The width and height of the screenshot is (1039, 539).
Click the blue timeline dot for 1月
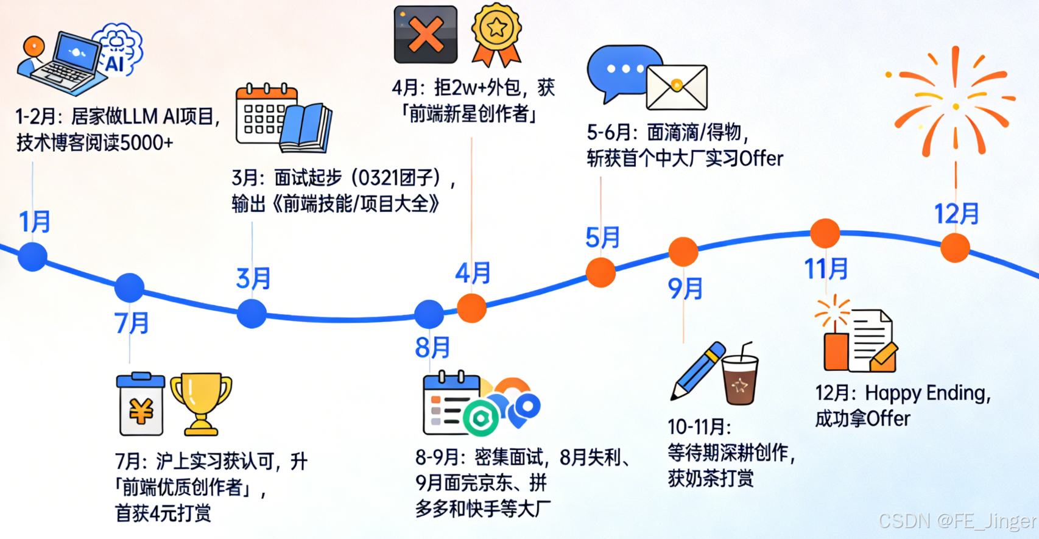pyautogui.click(x=33, y=256)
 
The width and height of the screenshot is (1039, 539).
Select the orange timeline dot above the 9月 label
pyautogui.click(x=683, y=252)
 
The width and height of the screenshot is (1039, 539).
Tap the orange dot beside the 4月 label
pyautogui.click(x=471, y=308)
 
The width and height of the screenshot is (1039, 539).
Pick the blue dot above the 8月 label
pyautogui.click(x=429, y=314)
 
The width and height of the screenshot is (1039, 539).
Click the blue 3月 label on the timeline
pyautogui.click(x=253, y=278)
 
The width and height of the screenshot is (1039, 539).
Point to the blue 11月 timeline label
pyautogui.click(x=826, y=269)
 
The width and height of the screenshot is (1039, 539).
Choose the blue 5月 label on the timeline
pyautogui.click(x=602, y=238)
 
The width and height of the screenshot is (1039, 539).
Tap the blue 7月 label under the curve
pyautogui.click(x=132, y=323)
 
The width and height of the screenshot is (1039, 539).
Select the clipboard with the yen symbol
pyautogui.click(x=141, y=405)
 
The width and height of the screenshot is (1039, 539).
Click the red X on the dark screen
pyautogui.click(x=426, y=35)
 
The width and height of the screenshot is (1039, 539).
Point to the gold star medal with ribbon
pyautogui.click(x=496, y=33)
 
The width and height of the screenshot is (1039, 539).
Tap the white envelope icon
pyautogui.click(x=677, y=87)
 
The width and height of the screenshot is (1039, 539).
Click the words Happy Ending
pyautogui.click(x=927, y=393)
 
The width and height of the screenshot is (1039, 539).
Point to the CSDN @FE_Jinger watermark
pyautogui.click(x=957, y=521)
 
